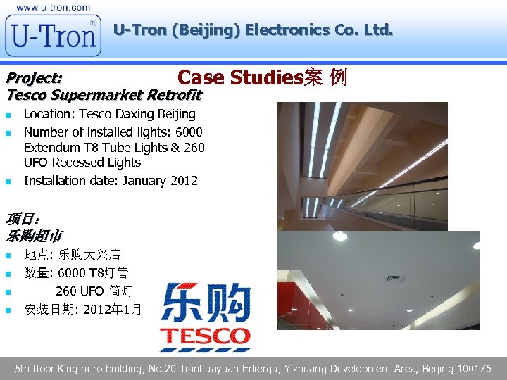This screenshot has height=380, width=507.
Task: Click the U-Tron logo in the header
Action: [53, 35]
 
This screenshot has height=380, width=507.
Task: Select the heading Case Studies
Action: [239, 77]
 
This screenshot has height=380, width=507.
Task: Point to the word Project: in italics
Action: [34, 77]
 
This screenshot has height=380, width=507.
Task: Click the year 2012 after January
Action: [184, 181]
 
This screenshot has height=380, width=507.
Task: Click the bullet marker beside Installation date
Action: [8, 182]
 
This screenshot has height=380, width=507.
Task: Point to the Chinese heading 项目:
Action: [22, 220]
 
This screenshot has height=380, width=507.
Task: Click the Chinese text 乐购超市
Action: [35, 236]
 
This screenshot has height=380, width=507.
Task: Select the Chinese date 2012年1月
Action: [112, 308]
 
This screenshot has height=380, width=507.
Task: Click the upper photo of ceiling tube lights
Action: [362, 166]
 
